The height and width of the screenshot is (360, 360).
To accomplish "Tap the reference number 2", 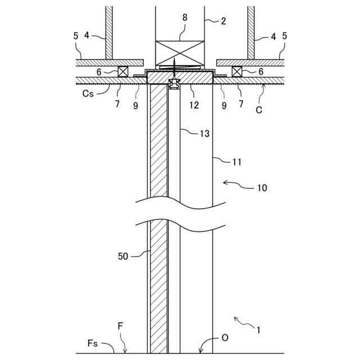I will (224, 21).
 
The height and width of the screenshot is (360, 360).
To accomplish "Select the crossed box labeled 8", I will (180, 53).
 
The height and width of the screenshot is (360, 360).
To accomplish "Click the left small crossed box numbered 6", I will (123, 71).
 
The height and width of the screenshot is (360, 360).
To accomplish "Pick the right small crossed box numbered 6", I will (237, 71).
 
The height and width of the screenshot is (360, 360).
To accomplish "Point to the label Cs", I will (87, 94).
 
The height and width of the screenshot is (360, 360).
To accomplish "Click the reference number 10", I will (263, 187).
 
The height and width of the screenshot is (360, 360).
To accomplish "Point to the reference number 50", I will (123, 256).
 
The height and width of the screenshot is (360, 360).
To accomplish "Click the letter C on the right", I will (259, 110).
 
